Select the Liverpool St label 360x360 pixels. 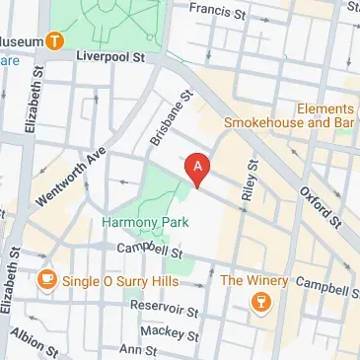coord(111,58)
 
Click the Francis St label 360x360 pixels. coord(217,14)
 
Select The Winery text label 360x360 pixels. coord(254,281)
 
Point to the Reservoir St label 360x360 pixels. coord(165,309)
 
